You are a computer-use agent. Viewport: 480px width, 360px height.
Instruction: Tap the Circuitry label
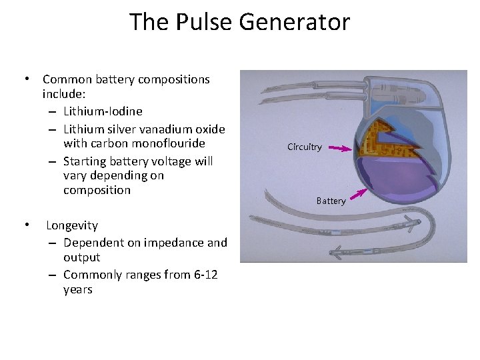tap(305, 147)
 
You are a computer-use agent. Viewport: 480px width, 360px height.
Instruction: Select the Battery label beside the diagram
tap(331, 201)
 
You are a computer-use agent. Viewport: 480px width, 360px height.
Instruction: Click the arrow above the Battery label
tap(359, 193)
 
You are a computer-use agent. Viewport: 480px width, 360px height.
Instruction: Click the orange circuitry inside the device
tap(377, 137)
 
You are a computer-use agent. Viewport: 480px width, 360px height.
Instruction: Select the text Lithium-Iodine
tap(103, 111)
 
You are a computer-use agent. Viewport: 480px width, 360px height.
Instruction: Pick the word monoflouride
tap(170, 143)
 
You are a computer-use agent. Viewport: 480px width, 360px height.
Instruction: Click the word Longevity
tap(72, 225)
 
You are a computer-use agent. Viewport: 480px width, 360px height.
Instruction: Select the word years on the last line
tap(78, 290)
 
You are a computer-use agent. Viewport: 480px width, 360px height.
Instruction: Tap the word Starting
tap(86, 161)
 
